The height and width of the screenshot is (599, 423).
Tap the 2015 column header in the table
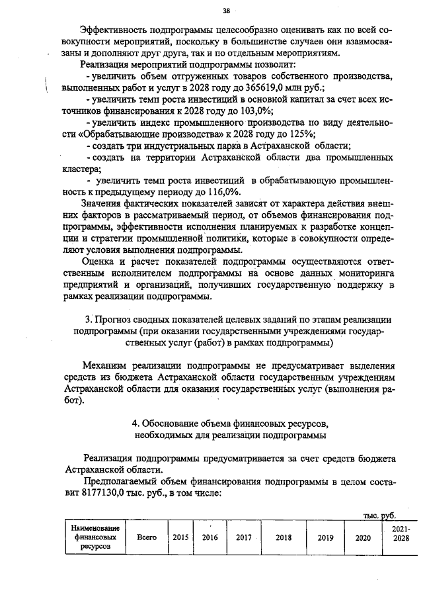(180, 537)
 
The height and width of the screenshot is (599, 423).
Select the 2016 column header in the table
(210, 537)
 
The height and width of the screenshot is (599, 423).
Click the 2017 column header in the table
(245, 537)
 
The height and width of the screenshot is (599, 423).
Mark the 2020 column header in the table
(362, 537)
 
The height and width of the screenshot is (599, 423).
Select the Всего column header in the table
(145, 537)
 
